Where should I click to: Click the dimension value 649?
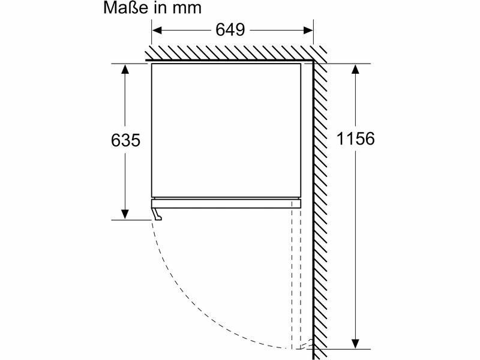tap(230, 29)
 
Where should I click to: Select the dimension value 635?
tap(125, 140)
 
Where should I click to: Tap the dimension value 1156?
tap(355, 139)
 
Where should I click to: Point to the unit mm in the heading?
tap(187, 9)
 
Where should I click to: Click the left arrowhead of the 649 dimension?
tap(157, 31)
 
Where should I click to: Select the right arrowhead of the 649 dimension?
tap(308, 31)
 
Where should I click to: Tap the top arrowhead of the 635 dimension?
tap(125, 69)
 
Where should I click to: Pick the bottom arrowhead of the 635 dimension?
tap(125, 214)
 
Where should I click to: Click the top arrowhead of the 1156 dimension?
tap(355, 69)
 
